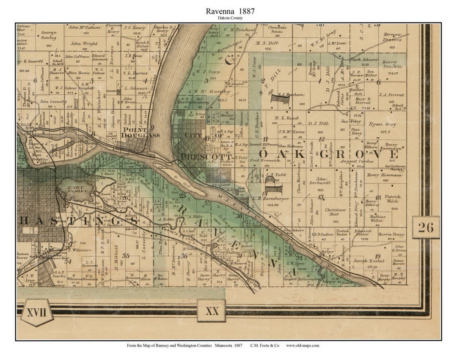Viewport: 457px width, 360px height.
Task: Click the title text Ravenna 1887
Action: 230,11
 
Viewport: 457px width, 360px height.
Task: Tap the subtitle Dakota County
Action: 230,19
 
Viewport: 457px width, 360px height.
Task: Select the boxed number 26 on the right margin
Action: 426,227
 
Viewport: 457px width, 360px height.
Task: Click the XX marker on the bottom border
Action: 212,311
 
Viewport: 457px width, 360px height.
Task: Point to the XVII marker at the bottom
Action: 37,313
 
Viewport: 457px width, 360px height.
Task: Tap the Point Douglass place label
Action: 140,132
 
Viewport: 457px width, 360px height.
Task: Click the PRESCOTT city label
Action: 200,157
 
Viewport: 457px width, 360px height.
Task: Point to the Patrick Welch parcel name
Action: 393,199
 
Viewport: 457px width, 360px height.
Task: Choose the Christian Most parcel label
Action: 336,212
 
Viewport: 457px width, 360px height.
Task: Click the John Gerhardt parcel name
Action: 322,181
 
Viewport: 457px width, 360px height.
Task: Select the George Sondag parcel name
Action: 49,35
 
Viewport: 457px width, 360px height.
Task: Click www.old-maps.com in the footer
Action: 302,346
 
